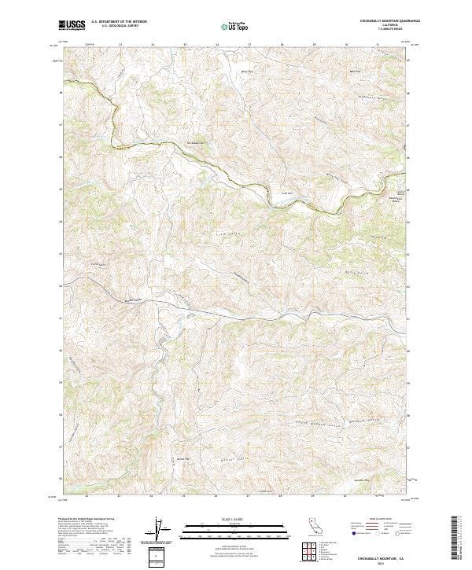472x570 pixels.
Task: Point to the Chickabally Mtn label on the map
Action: pyautogui.click(x=194, y=142)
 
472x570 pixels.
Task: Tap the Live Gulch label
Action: pyautogui.click(x=225, y=234)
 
